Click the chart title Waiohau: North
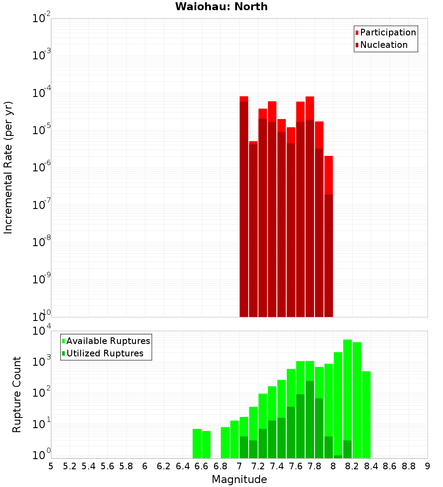tap(221, 7)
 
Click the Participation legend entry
tap(388, 32)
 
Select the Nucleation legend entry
tap(383, 45)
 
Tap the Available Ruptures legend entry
tap(108, 341)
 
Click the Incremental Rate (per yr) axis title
tap(8, 167)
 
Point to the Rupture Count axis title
tap(17, 394)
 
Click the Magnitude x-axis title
tap(239, 479)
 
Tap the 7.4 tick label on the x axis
tap(277, 466)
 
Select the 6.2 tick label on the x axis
tap(164, 466)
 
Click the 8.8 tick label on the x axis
tap(408, 466)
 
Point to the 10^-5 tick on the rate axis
tap(41, 130)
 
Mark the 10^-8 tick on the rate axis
tap(41, 242)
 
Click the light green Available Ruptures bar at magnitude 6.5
tap(197, 443)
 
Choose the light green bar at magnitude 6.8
tap(225, 442)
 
